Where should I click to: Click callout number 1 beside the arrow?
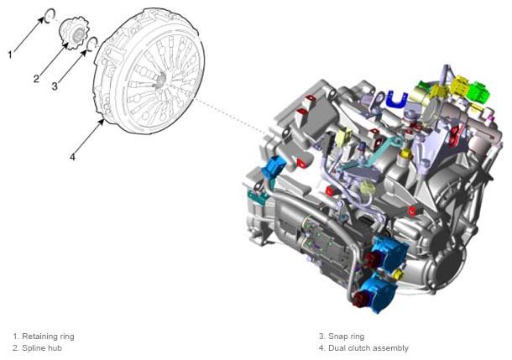pyautogui.click(x=10, y=55)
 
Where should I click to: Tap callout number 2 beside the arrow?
pyautogui.click(x=36, y=79)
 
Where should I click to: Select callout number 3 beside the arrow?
pyautogui.click(x=55, y=86)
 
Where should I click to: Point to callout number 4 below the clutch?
pyautogui.click(x=72, y=157)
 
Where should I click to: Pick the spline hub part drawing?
pyautogui.click(x=75, y=33)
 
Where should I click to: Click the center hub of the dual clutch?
pyautogui.click(x=160, y=80)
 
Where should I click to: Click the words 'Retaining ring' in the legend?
pyautogui.click(x=48, y=337)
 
